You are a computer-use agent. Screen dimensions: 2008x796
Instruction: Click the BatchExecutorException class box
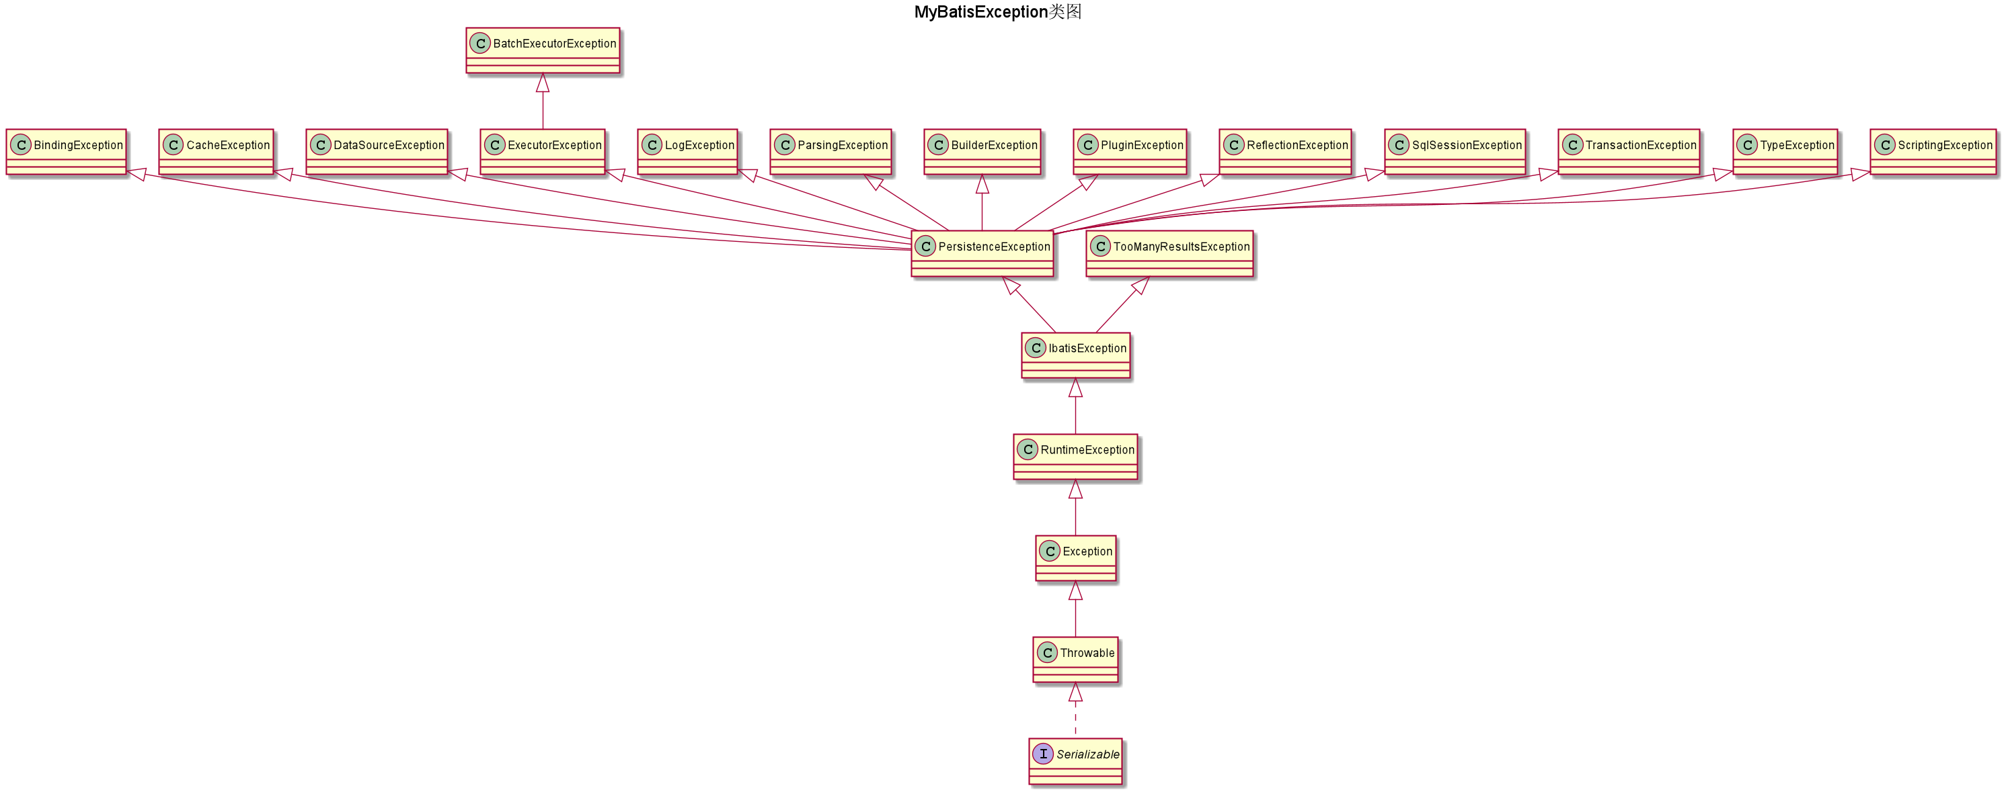pos(543,50)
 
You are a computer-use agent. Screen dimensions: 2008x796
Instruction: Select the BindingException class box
pos(67,152)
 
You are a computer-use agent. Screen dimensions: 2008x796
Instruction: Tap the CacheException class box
pos(216,152)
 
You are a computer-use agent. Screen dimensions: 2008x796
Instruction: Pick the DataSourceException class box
pos(377,152)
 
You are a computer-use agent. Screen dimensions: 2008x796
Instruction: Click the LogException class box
pos(687,152)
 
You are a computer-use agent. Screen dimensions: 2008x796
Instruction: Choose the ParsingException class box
pos(831,152)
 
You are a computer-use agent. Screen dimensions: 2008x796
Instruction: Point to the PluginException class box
pos(1130,152)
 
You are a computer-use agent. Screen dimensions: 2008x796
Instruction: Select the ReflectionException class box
pos(1284,152)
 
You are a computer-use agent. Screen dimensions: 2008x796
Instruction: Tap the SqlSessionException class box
pos(1455,152)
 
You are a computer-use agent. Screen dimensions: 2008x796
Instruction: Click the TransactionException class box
pos(1628,152)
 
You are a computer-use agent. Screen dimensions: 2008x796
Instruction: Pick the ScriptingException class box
pos(1933,152)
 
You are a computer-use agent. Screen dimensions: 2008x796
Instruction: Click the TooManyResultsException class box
pos(1169,253)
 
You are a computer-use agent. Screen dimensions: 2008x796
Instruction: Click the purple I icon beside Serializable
pos(1043,754)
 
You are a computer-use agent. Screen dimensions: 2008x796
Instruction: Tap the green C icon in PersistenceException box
pos(925,247)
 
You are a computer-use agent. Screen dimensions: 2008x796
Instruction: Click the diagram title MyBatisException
pos(980,11)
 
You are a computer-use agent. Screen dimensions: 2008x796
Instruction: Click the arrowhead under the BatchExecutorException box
pos(543,83)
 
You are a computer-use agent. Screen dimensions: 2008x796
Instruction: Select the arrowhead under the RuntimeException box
pos(1076,489)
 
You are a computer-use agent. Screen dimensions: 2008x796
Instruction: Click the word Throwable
pos(1087,653)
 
